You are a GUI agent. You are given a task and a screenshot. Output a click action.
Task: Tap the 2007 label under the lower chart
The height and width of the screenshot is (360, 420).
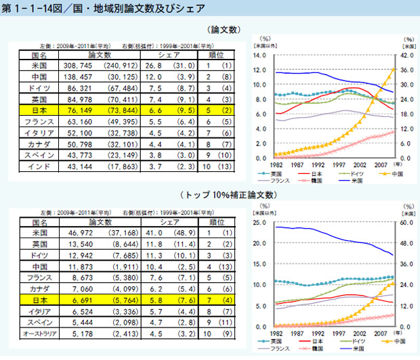[x=380, y=334]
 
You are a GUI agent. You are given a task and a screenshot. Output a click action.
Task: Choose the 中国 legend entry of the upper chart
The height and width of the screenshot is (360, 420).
[x=378, y=174]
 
